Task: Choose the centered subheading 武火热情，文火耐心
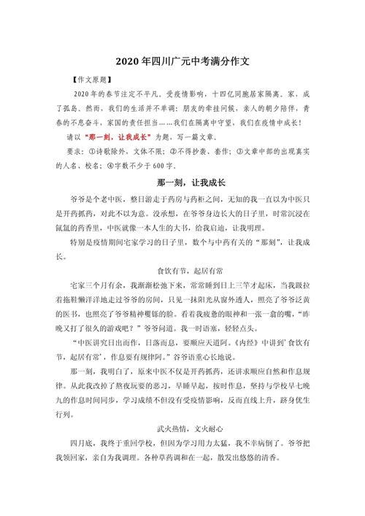click(x=182, y=429)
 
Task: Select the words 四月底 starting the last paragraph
click(x=81, y=443)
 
